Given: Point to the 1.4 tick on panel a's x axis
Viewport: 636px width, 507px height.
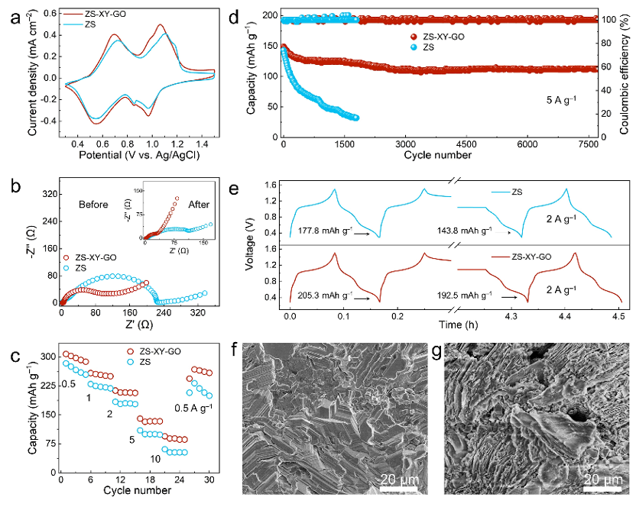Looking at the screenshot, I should (198, 142).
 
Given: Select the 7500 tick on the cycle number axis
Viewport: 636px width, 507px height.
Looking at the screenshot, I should (588, 144).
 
